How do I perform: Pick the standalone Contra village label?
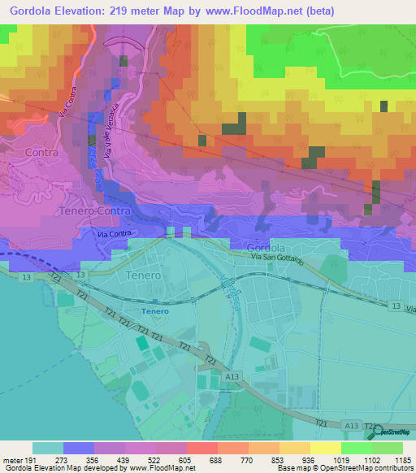[42, 151]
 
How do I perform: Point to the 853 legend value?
[279, 459]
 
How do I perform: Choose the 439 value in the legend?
[125, 459]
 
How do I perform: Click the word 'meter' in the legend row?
[12, 459]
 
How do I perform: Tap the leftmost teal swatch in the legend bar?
[48, 448]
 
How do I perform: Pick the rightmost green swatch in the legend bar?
[388, 448]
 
